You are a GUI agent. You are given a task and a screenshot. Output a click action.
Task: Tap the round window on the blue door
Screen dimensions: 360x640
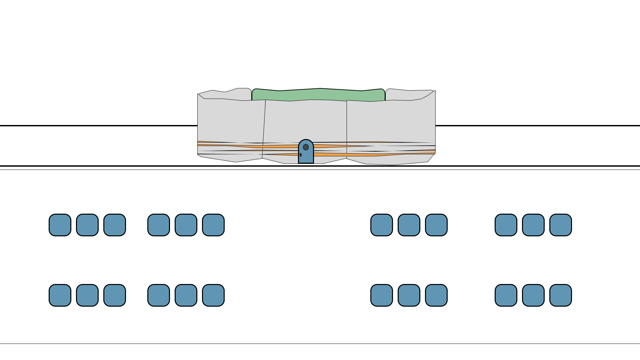pos(306,147)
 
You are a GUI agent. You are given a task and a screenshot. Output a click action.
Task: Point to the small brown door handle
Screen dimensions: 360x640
pos(301,155)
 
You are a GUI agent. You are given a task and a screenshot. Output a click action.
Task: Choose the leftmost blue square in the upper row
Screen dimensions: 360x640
pos(60,225)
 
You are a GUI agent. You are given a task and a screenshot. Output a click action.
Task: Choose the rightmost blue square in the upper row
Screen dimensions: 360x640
pos(561,225)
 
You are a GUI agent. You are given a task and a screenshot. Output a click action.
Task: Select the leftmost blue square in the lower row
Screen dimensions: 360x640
pos(60,295)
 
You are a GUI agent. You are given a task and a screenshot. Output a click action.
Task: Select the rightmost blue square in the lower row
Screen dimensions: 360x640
pos(561,295)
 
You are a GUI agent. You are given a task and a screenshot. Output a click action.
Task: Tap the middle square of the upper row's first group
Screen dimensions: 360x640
pos(87,225)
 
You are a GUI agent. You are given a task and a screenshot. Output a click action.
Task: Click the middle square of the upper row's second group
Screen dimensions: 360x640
pos(186,225)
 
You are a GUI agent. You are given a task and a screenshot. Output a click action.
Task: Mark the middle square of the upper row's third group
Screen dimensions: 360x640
pos(409,225)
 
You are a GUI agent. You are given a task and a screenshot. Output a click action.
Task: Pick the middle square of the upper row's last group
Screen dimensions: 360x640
pos(533,225)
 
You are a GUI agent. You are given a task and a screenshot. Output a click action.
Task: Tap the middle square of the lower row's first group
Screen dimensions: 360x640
pos(87,295)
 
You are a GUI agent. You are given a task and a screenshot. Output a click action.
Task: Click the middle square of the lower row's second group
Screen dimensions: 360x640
pos(186,295)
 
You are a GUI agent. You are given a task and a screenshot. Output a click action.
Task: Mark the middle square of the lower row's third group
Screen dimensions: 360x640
pos(409,295)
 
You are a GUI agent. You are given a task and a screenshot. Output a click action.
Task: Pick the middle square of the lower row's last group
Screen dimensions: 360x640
pos(533,295)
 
